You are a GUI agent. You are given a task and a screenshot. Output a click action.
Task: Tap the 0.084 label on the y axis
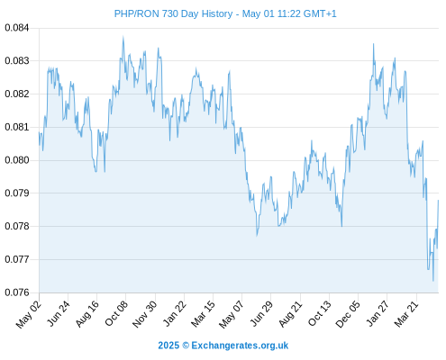[17, 28]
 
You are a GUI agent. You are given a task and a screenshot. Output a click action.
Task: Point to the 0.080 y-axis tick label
[17, 160]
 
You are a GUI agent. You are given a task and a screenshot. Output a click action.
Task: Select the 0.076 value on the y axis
[17, 292]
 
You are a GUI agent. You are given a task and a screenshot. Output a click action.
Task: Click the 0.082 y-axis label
[17, 94]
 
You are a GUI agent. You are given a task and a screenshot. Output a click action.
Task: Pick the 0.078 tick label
[17, 226]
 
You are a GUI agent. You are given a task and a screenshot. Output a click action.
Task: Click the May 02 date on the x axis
[29, 314]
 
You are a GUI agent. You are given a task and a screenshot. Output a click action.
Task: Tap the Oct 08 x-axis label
[116, 313]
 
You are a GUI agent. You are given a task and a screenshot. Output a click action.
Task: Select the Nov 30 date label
[145, 314]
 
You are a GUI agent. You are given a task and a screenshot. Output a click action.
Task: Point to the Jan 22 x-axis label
[174, 313]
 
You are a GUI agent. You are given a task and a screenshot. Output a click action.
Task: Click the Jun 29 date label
[261, 313]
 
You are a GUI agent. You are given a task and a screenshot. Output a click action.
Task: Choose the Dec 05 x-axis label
[348, 314]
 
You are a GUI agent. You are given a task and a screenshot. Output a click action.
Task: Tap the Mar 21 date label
[406, 313]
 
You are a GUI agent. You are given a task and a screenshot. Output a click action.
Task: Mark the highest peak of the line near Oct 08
[123, 37]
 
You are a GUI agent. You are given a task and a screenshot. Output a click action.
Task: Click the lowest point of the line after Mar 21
[433, 281]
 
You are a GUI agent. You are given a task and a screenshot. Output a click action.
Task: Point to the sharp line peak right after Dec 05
[374, 44]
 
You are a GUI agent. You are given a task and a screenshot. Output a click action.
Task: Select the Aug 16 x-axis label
[87, 314]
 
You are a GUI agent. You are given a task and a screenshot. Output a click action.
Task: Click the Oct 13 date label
[320, 313]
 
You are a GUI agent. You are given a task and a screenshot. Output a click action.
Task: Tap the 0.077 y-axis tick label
[17, 259]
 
